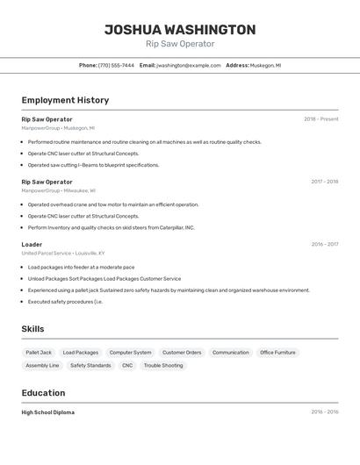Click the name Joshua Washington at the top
click(180, 29)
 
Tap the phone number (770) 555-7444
click(116, 65)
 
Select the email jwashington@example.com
click(189, 65)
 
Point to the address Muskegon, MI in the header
click(265, 65)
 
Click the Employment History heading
click(65, 100)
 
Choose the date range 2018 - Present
click(320, 119)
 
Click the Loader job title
click(32, 244)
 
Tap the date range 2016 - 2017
click(324, 244)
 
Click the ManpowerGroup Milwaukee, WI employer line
click(58, 190)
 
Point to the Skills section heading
click(33, 329)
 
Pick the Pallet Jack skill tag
click(39, 353)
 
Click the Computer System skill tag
click(130, 353)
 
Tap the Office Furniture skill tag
click(277, 353)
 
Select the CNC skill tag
click(127, 365)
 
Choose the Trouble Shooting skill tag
click(163, 365)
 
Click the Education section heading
click(43, 393)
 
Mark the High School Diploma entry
click(48, 412)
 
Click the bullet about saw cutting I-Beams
click(93, 165)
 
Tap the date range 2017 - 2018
click(324, 182)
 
